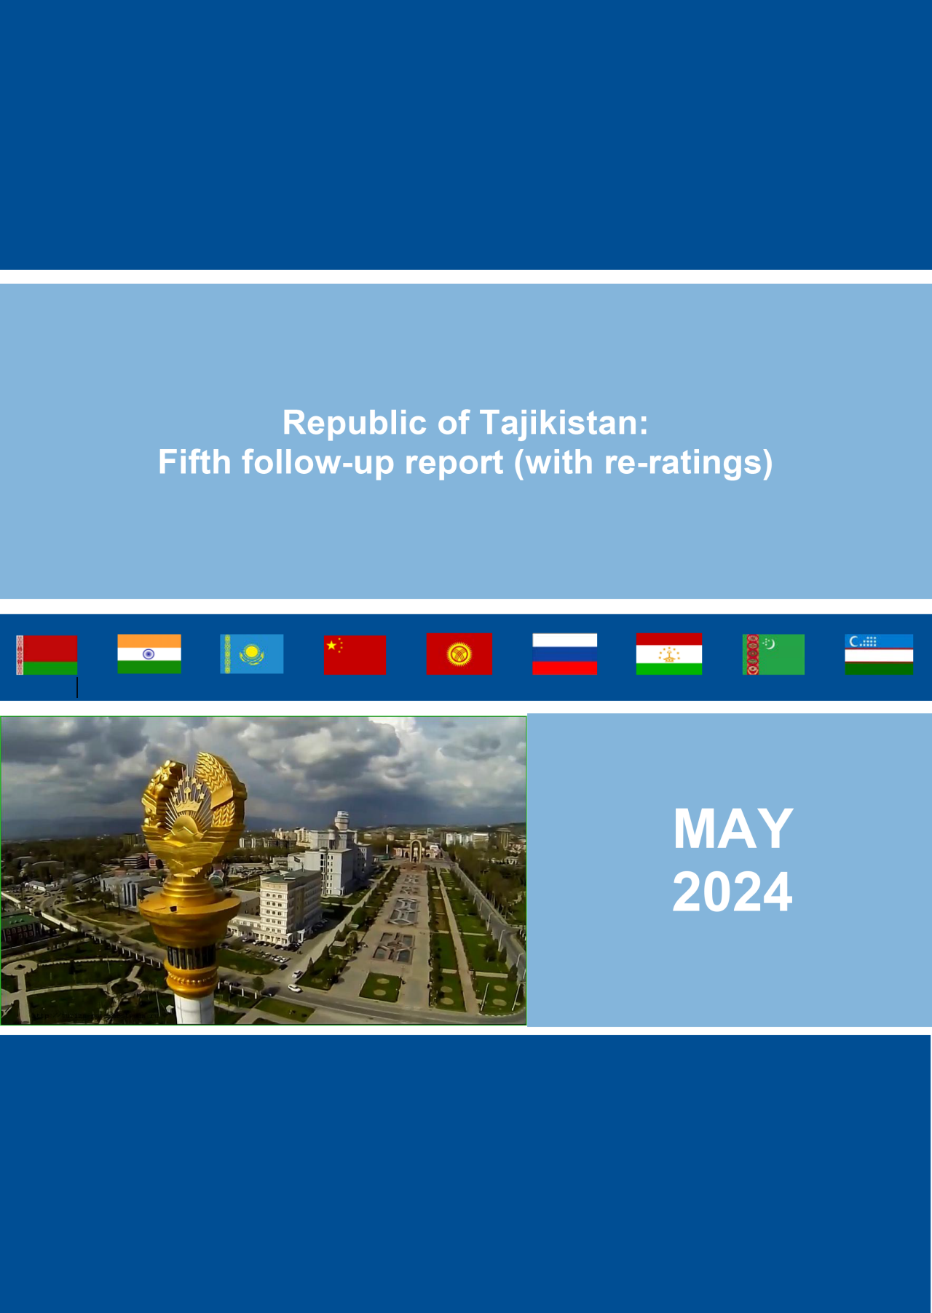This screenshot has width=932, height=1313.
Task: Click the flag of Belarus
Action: click(47, 655)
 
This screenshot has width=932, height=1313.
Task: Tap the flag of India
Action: click(149, 654)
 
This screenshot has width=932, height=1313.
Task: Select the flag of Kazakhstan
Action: click(252, 654)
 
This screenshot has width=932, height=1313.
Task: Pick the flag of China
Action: click(355, 655)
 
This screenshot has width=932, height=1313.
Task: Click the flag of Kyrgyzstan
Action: click(459, 654)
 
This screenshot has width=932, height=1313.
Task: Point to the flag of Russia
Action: click(564, 654)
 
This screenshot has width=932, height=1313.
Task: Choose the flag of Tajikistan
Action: click(669, 654)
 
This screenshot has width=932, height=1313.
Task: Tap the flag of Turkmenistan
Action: click(773, 654)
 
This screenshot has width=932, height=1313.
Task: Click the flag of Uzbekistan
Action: click(879, 654)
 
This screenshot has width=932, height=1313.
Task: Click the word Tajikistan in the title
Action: click(564, 423)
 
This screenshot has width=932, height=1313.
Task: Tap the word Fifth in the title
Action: click(194, 461)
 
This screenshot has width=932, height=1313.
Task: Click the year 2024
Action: click(732, 892)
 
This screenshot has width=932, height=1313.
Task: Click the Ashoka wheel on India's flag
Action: click(149, 654)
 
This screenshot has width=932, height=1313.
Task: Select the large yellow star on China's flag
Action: click(332, 646)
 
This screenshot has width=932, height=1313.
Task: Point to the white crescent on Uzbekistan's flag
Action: click(853, 641)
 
